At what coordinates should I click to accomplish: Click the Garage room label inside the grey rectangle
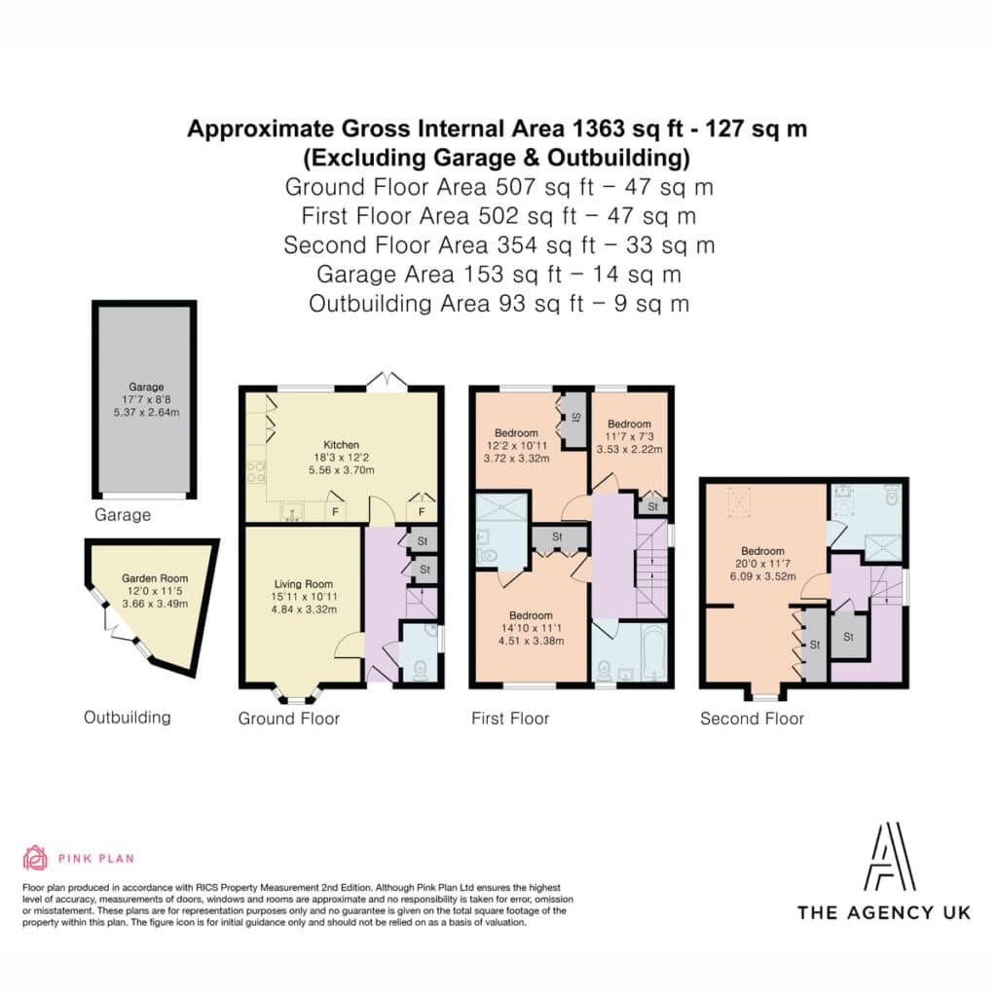[x=146, y=387]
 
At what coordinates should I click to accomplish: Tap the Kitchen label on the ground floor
[x=342, y=445]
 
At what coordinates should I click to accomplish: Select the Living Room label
[x=304, y=584]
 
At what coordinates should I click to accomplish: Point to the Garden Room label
[x=155, y=578]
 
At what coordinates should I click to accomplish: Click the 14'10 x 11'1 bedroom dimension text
[x=531, y=628]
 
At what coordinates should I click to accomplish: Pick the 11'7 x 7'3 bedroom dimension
[x=630, y=436]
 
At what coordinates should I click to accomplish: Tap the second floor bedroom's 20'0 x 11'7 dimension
[x=762, y=564]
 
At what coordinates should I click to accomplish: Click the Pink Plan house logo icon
[x=35, y=858]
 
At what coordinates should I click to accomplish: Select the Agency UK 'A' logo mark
[x=889, y=857]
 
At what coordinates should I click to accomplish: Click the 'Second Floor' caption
[x=753, y=719]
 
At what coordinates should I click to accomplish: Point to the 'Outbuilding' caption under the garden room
[x=128, y=718]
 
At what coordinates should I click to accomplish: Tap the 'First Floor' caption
[x=510, y=719]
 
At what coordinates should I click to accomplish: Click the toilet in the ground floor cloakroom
[x=420, y=670]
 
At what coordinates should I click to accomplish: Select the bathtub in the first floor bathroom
[x=653, y=653]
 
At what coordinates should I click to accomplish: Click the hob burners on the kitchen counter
[x=256, y=472]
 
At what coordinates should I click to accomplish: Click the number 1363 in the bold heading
[x=599, y=129]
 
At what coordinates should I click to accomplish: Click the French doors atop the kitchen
[x=387, y=380]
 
